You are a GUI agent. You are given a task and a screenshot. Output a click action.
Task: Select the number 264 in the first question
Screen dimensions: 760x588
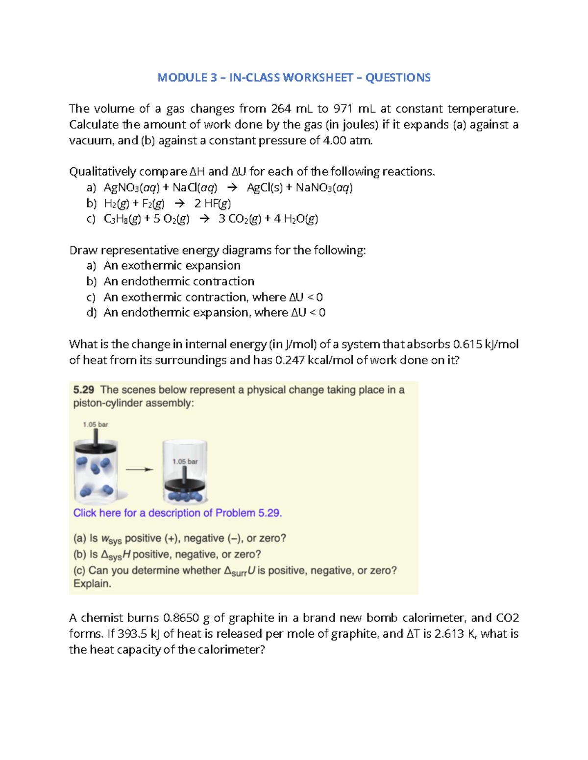pos(281,109)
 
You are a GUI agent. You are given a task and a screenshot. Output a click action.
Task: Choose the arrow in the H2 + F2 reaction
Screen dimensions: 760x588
pos(180,204)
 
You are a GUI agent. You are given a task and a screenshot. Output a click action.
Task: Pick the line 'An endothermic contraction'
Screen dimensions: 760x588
pos(179,281)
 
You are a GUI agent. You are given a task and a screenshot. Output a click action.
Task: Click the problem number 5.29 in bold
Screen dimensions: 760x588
pos(83,390)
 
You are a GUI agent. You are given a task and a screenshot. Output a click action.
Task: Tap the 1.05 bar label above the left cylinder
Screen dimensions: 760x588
pos(96,425)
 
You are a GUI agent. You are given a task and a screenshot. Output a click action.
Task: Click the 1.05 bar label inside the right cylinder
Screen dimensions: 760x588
pos(185,461)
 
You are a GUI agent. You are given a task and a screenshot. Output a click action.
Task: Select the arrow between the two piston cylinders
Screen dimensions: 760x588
pos(140,470)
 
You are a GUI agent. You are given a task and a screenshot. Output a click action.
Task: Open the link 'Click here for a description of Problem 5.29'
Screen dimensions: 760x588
pos(177,513)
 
